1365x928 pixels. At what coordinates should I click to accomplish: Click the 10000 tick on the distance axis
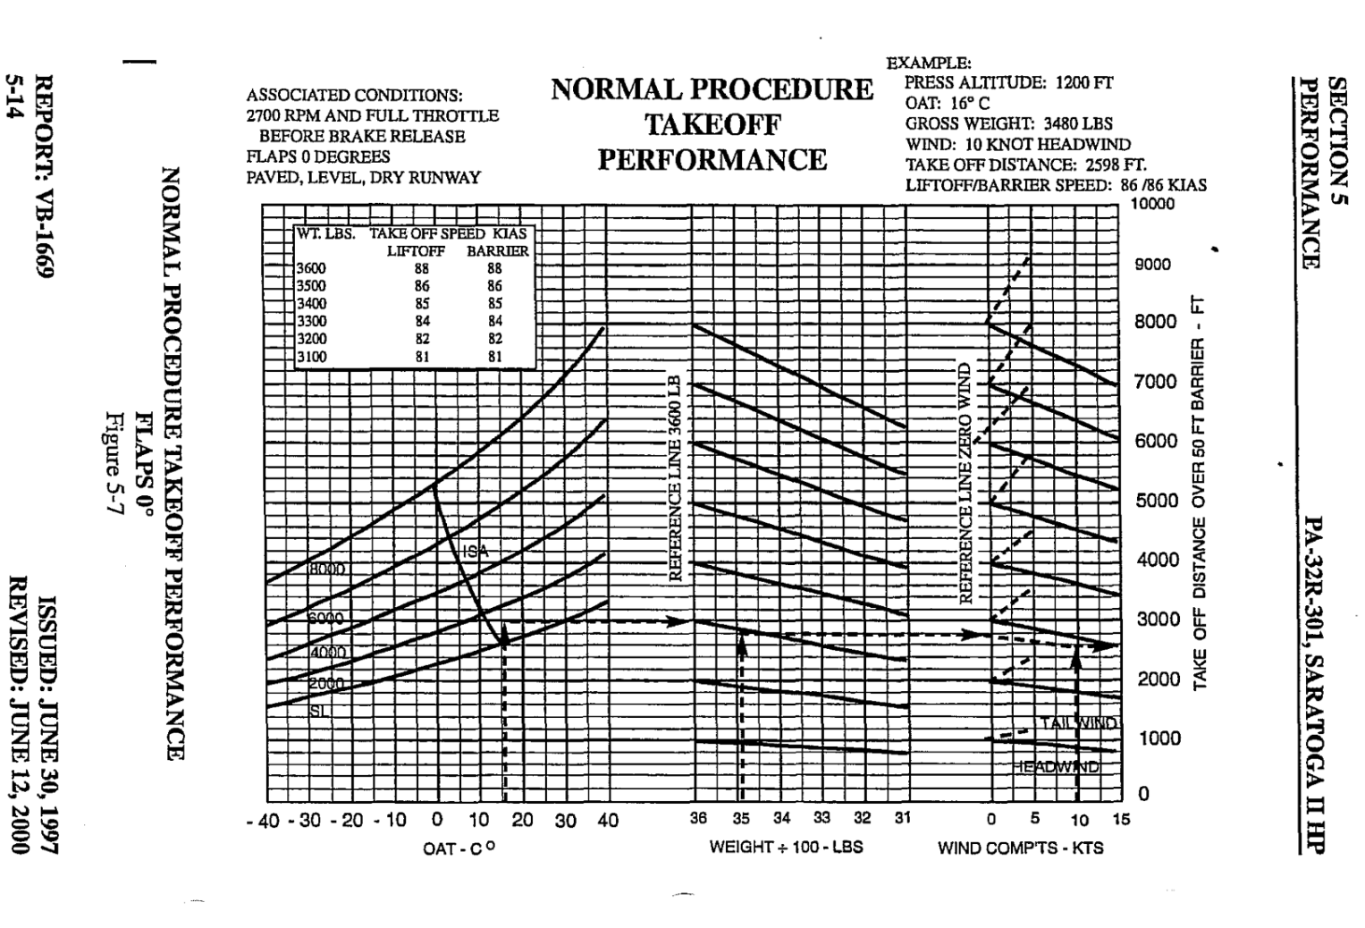(x=1152, y=204)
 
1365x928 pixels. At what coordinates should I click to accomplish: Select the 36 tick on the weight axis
(x=698, y=818)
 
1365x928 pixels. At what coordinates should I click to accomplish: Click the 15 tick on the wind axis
(x=1121, y=819)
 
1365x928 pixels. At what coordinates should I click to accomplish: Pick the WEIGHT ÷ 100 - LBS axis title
(x=786, y=846)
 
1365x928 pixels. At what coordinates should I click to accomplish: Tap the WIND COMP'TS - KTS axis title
(x=1020, y=847)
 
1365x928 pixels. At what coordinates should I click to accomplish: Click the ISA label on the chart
(x=476, y=552)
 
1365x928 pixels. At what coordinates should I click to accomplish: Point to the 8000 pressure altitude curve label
(x=327, y=569)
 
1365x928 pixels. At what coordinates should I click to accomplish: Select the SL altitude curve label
(x=316, y=710)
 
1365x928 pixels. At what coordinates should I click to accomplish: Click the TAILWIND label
(x=1079, y=722)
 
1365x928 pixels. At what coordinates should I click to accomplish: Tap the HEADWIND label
(x=1059, y=766)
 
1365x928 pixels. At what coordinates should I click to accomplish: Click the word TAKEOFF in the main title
(x=712, y=124)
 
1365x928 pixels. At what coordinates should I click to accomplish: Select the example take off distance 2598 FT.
(x=1025, y=165)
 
